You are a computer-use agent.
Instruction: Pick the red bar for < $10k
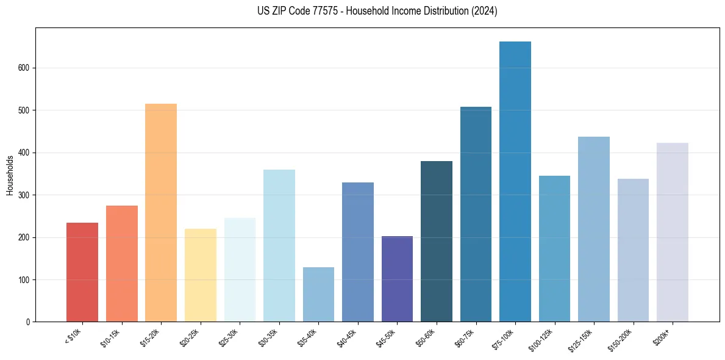tap(82, 272)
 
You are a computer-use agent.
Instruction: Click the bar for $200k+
tap(673, 232)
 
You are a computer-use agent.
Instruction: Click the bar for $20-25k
tap(201, 275)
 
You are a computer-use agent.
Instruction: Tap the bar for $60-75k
tap(476, 214)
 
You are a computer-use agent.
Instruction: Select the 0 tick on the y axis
tap(29, 322)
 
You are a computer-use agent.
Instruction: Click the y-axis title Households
tap(10, 175)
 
